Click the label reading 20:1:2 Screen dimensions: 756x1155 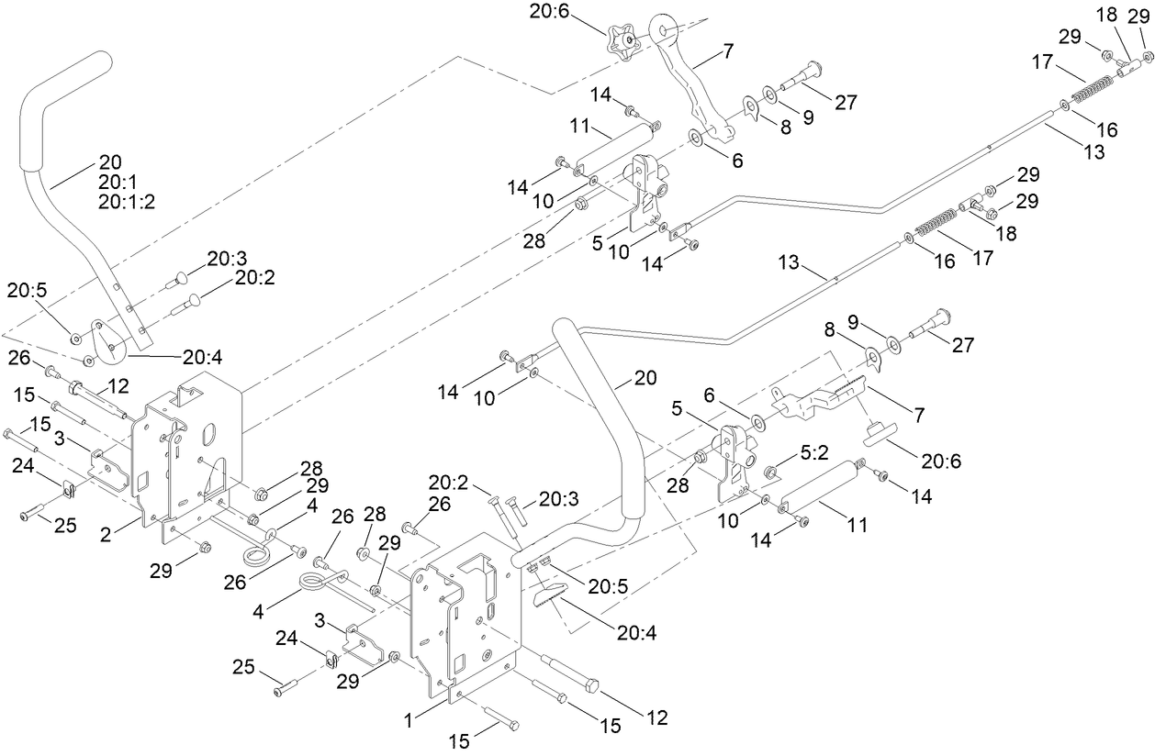[x=126, y=202]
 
